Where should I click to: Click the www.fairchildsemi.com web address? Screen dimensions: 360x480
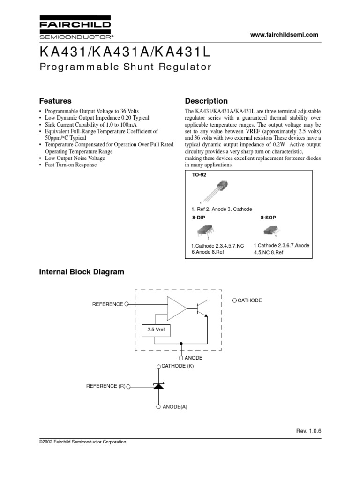tap(284, 35)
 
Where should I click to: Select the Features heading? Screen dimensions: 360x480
tap(55, 101)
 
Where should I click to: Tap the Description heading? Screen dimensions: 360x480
tap(206, 101)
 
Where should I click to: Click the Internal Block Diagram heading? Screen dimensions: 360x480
tap(82, 272)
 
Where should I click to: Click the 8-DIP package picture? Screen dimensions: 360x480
tap(205, 231)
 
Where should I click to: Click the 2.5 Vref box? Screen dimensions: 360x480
tap(156, 330)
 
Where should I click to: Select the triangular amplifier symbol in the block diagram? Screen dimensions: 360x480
tap(177, 308)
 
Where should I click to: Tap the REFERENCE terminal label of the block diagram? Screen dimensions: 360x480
tap(107, 304)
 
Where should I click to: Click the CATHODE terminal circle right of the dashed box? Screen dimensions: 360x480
tap(234, 300)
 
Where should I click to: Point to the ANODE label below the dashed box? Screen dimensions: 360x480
tap(194, 358)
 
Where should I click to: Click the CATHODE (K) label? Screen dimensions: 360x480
tap(178, 366)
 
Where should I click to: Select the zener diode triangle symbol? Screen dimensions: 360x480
tap(158, 386)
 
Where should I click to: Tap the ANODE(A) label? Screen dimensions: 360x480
tap(175, 407)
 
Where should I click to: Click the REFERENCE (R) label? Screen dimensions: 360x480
tap(105, 386)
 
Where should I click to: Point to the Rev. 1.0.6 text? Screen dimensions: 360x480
tap(308, 431)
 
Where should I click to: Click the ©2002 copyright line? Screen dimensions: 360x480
tap(82, 442)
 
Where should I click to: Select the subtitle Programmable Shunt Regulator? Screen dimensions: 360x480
tap(126, 67)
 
